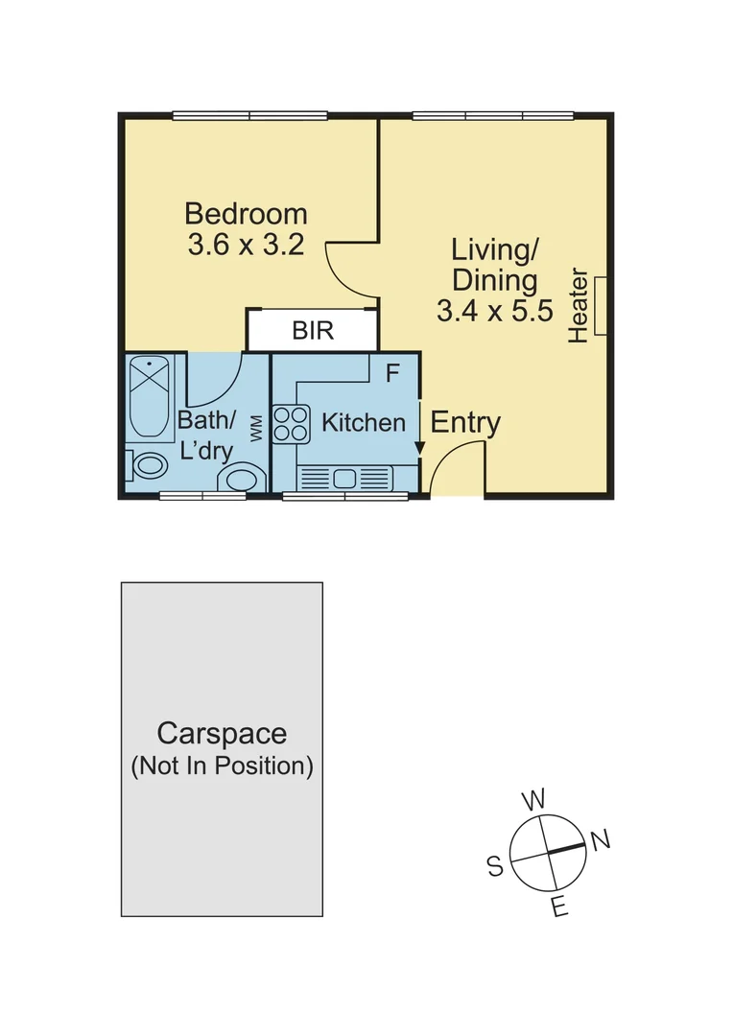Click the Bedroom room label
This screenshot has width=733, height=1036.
(246, 213)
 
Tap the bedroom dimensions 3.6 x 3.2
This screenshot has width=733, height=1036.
(246, 246)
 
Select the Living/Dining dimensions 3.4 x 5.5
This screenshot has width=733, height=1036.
(494, 311)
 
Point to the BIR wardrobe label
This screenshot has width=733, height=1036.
(313, 332)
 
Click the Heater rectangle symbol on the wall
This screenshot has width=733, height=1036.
(601, 306)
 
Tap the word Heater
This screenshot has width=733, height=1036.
(578, 305)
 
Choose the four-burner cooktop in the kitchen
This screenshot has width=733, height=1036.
(292, 424)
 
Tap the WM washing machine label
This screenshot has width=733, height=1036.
(256, 428)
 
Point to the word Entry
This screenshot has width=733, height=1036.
(465, 422)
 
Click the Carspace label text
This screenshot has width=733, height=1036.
(222, 734)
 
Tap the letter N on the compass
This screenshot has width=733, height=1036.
(601, 841)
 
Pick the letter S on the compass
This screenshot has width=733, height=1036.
(495, 867)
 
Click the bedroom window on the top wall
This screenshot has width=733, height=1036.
(249, 117)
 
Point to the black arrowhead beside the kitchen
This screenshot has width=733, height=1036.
(419, 448)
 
